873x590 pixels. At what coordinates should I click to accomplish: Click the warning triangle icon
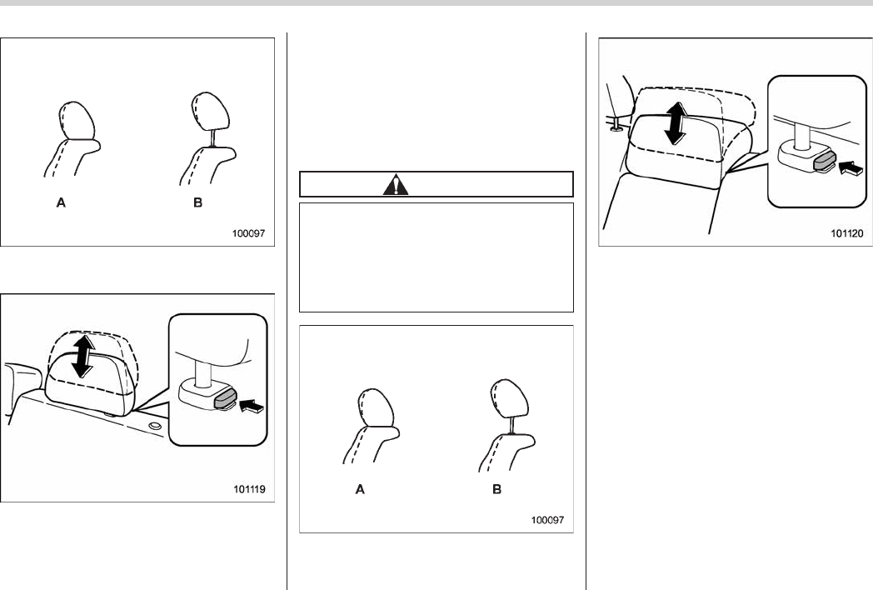point(396,184)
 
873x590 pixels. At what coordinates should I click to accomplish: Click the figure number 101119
point(249,489)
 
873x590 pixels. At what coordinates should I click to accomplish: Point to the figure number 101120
point(847,233)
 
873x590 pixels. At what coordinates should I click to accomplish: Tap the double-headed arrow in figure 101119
point(83,355)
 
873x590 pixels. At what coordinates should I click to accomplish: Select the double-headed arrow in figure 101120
point(676,123)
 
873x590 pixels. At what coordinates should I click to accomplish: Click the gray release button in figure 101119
point(226,399)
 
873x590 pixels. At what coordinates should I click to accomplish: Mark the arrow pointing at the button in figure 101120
point(851,167)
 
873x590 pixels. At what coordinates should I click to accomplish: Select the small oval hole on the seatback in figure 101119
point(155,426)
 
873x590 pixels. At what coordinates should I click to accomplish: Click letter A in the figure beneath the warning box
point(360,489)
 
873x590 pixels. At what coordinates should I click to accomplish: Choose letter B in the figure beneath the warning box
point(496,489)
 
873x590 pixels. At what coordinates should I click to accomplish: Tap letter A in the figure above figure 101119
point(62,202)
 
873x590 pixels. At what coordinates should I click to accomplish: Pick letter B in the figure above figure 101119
point(197,202)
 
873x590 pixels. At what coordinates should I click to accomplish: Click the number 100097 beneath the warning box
point(547,520)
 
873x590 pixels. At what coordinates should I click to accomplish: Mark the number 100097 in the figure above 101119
point(249,233)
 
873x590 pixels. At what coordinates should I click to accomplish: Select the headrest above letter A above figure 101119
point(77,120)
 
